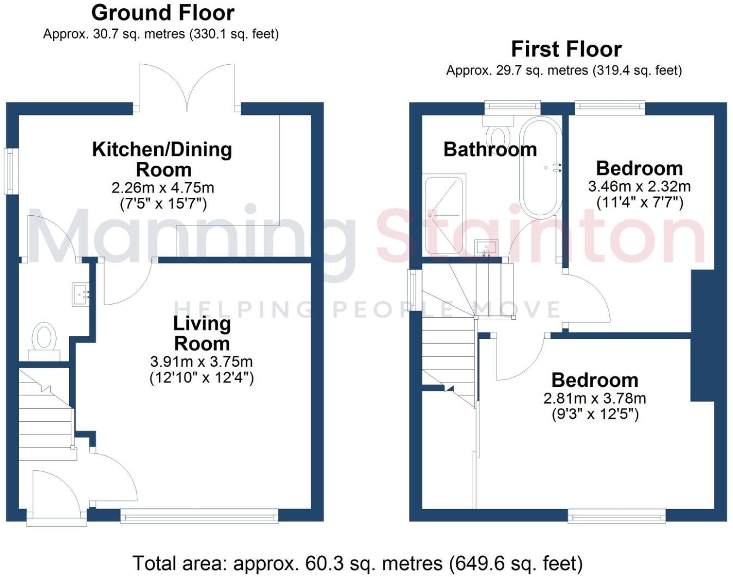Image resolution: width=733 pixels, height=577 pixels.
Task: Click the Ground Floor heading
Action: click(162, 12)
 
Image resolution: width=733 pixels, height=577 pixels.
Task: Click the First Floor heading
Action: click(566, 49)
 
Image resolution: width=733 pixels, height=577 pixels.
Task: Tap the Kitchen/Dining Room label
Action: click(162, 159)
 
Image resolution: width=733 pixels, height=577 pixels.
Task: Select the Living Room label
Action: click(201, 333)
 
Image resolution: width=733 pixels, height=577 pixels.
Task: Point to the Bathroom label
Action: click(490, 149)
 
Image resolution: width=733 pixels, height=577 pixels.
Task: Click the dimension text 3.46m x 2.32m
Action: click(639, 186)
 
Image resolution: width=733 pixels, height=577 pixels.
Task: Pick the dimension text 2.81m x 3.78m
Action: click(595, 398)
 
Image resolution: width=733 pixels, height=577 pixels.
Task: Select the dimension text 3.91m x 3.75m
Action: click(201, 361)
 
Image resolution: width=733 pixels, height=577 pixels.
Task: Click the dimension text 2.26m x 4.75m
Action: click(162, 188)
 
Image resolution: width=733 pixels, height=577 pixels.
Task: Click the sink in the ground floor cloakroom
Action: click(81, 294)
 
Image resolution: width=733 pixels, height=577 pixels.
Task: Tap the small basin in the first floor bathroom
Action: click(485, 248)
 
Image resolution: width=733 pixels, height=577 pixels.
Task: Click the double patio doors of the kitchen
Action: click(187, 87)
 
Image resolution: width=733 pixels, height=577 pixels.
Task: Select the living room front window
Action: click(199, 515)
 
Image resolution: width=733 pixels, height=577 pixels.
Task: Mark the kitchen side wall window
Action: click(10, 171)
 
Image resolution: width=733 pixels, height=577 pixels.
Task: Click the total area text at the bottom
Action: click(357, 563)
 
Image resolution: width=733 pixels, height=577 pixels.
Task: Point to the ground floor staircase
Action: click(46, 409)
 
